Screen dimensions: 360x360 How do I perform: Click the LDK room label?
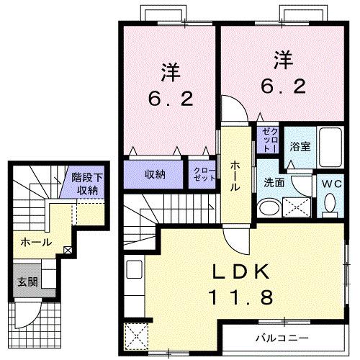[x=241, y=272]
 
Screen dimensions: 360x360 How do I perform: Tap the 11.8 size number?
[x=241, y=296]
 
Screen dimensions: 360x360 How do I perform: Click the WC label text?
[x=330, y=184]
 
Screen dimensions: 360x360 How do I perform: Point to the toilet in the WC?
[x=330, y=207]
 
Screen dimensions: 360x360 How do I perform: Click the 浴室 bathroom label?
[x=300, y=147]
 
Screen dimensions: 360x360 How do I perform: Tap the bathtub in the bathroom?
[x=330, y=149]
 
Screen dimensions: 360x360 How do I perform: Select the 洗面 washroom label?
[x=274, y=183]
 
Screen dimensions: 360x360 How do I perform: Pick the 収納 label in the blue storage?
[x=155, y=174]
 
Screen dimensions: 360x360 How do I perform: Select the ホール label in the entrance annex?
[x=35, y=242]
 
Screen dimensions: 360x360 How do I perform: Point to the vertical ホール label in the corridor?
[x=235, y=175]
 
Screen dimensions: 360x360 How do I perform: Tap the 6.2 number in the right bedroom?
[x=282, y=86]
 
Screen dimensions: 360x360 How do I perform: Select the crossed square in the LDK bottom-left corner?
[x=135, y=336]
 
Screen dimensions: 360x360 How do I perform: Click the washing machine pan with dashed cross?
[x=298, y=208]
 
